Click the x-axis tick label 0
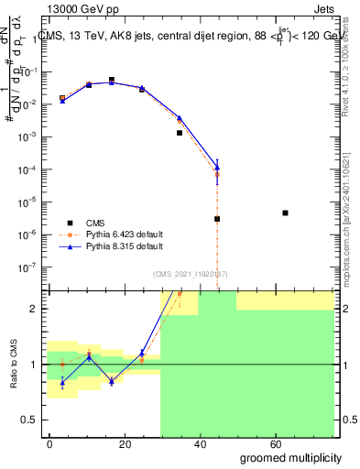50,443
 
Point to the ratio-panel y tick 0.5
30,420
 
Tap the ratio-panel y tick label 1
34,365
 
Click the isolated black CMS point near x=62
286,213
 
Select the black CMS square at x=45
217,219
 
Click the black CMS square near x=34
180,133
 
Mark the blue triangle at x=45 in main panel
217,167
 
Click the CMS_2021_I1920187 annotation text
190,273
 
